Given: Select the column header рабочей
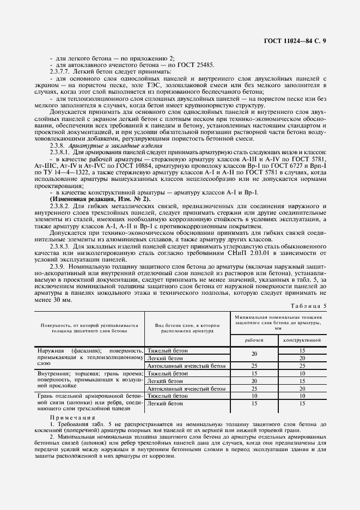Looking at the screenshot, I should pyautogui.click(x=254, y=339).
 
